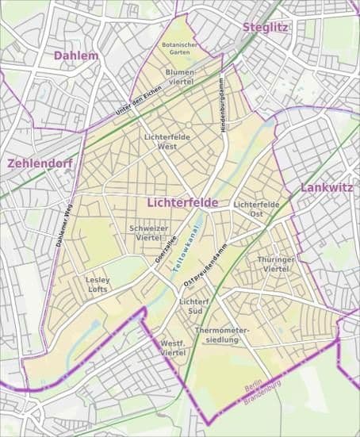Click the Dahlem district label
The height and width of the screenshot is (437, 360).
point(76,56)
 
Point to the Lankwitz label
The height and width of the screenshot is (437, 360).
point(326,188)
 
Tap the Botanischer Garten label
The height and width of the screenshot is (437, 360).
point(179,48)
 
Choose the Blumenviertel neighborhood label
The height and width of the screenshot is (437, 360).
point(180,76)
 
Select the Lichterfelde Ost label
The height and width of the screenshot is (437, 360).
point(256,209)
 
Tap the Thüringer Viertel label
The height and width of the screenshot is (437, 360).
point(276,264)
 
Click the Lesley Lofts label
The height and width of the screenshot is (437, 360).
point(98,285)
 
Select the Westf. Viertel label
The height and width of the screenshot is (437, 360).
point(173,347)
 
